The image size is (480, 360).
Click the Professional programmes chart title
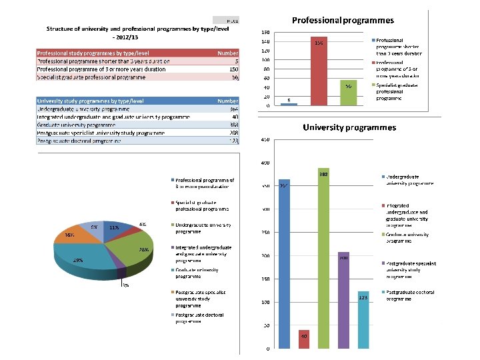pyautogui.click(x=343, y=21)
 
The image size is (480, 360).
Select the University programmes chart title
pyautogui.click(x=349, y=127)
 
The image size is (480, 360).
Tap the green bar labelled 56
pyautogui.click(x=348, y=93)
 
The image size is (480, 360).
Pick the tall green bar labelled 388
pyautogui.click(x=324, y=260)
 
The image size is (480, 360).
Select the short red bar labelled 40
pyautogui.click(x=304, y=339)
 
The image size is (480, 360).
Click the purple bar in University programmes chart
pyautogui.click(x=343, y=300)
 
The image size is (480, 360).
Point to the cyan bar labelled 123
pyautogui.click(x=363, y=320)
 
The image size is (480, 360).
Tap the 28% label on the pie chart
pyautogui.click(x=143, y=249)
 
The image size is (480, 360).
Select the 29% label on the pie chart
pyautogui.click(x=78, y=261)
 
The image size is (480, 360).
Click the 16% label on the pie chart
pyautogui.click(x=69, y=235)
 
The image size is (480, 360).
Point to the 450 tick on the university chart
pyautogui.click(x=265, y=140)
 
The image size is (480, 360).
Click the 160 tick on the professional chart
pyautogui.click(x=265, y=32)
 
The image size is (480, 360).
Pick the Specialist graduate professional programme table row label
pyautogui.click(x=91, y=77)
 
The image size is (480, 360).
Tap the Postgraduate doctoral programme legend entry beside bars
pyautogui.click(x=411, y=296)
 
